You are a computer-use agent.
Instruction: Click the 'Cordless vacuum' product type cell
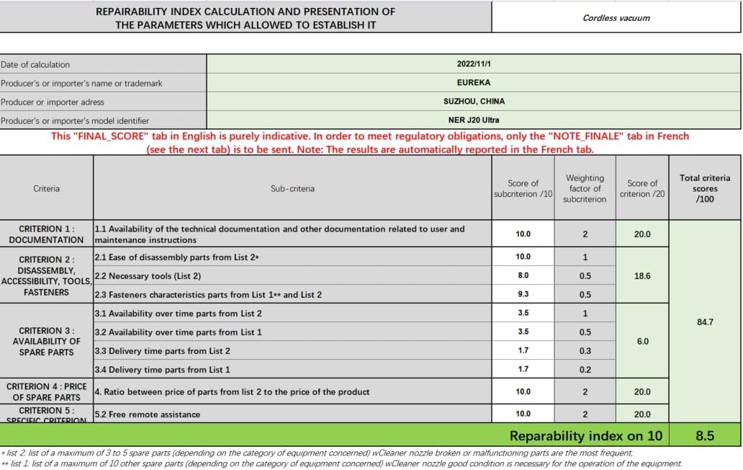(616, 18)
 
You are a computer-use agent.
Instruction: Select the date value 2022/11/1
(473, 64)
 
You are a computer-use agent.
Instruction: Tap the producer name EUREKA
(473, 83)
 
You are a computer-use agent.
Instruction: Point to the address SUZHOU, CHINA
(473, 102)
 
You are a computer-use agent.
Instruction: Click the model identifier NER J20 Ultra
(473, 120)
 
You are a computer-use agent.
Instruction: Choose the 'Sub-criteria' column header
(292, 189)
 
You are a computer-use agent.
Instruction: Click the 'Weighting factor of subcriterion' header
(585, 189)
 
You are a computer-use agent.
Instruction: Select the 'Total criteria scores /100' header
(705, 188)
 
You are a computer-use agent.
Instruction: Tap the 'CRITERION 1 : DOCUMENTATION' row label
(46, 234)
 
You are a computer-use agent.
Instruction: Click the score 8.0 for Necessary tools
(523, 275)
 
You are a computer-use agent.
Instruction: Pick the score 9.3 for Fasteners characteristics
(523, 294)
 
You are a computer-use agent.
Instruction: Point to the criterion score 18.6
(642, 276)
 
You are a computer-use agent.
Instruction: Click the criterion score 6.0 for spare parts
(642, 341)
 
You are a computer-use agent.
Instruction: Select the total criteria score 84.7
(705, 322)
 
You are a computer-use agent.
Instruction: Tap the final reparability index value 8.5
(705, 435)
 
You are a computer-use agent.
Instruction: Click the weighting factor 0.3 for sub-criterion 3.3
(585, 351)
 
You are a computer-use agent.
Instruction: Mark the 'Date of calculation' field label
(35, 64)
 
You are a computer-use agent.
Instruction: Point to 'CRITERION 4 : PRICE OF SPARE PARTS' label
(46, 392)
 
